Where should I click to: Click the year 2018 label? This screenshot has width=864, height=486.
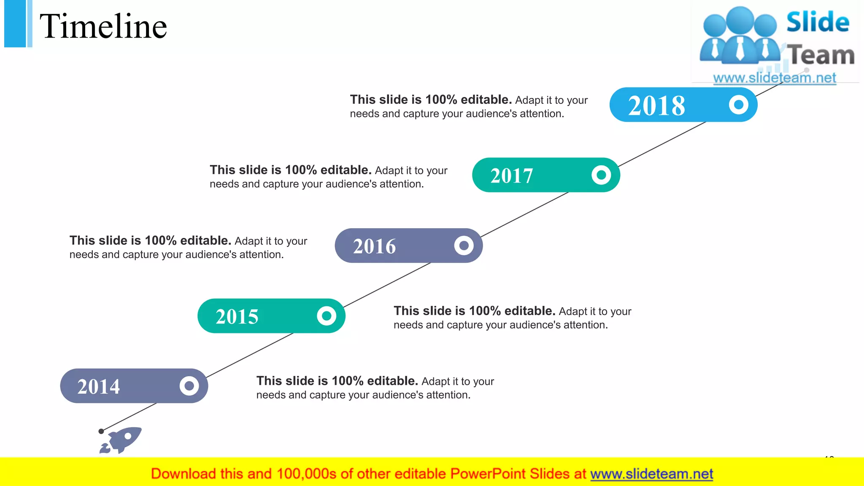[x=656, y=105]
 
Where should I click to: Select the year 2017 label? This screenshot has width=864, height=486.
[x=511, y=175]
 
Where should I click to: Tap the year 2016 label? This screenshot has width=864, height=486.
[x=374, y=246]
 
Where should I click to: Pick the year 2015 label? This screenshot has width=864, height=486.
[x=237, y=316]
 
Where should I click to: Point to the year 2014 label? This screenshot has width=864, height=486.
[x=98, y=386]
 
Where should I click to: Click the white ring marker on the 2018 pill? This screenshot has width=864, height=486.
[x=738, y=105]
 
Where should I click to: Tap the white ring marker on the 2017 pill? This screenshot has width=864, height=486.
[x=601, y=175]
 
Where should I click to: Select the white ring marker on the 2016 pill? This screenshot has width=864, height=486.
[x=464, y=245]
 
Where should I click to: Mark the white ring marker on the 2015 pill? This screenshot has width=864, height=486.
[x=327, y=316]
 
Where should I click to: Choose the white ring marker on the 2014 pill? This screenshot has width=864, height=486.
[x=189, y=386]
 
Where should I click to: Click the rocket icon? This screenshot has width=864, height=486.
[x=121, y=440]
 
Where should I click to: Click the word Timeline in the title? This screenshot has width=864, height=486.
[x=103, y=26]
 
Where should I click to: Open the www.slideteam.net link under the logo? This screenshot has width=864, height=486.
[x=774, y=78]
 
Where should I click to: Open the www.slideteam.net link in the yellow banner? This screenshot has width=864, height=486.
[x=651, y=474]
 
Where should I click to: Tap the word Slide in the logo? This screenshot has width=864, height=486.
[x=818, y=22]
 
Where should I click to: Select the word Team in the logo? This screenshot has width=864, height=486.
[x=822, y=55]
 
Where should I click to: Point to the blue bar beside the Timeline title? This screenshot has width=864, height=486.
[x=16, y=23]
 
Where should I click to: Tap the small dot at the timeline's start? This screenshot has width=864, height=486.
[x=101, y=431]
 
